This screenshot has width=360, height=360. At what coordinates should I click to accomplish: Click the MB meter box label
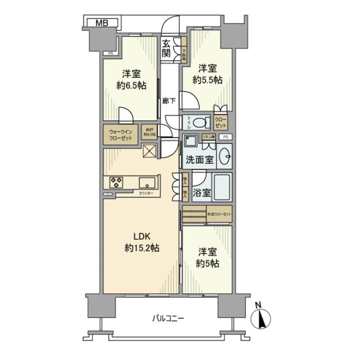pyautogui.click(x=102, y=23)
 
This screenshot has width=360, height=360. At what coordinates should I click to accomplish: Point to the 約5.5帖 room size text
pyautogui.click(x=207, y=80)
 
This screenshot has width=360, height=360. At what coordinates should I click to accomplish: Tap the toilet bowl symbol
pyautogui.click(x=203, y=122)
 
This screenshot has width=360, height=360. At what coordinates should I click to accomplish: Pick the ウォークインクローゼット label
pyautogui.click(x=119, y=135)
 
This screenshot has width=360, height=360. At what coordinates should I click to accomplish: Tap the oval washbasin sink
pyautogui.click(x=225, y=155)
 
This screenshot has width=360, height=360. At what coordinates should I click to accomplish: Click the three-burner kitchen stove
pyautogui.click(x=116, y=182)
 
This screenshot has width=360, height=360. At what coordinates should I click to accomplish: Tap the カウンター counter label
pyautogui.click(x=146, y=193)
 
